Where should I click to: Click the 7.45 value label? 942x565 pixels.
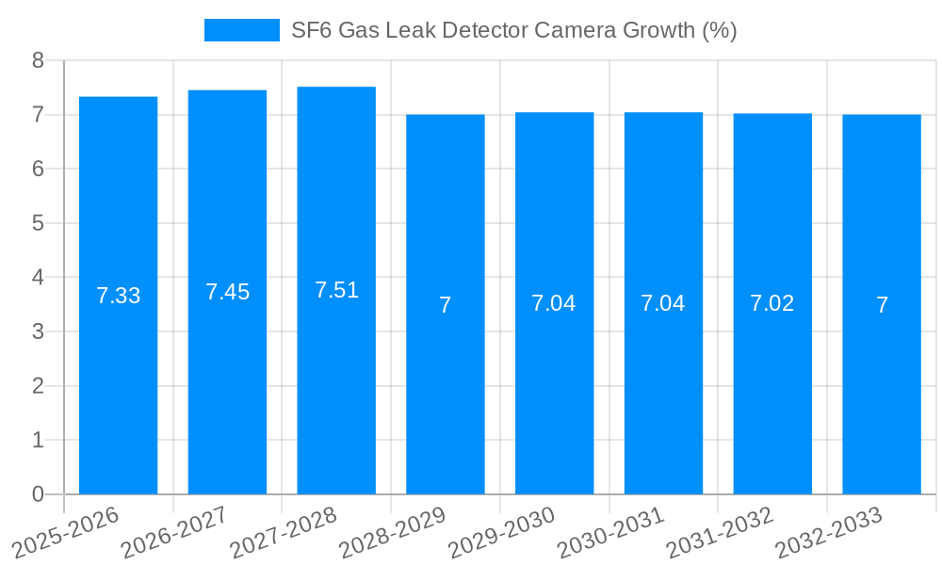click(x=228, y=292)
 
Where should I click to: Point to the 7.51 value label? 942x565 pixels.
click(x=336, y=290)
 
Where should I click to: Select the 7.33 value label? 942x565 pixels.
click(x=118, y=296)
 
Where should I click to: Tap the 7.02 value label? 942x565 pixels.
click(x=772, y=303)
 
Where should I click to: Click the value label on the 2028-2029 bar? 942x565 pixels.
click(x=446, y=305)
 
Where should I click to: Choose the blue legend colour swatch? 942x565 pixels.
click(x=242, y=30)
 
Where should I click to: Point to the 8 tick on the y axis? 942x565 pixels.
click(x=38, y=60)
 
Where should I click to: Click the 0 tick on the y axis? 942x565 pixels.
click(x=38, y=494)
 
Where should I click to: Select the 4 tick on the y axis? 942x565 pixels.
click(x=38, y=278)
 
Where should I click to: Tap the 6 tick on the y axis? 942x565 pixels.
click(x=38, y=169)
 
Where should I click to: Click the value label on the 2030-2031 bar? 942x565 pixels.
click(x=663, y=303)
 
